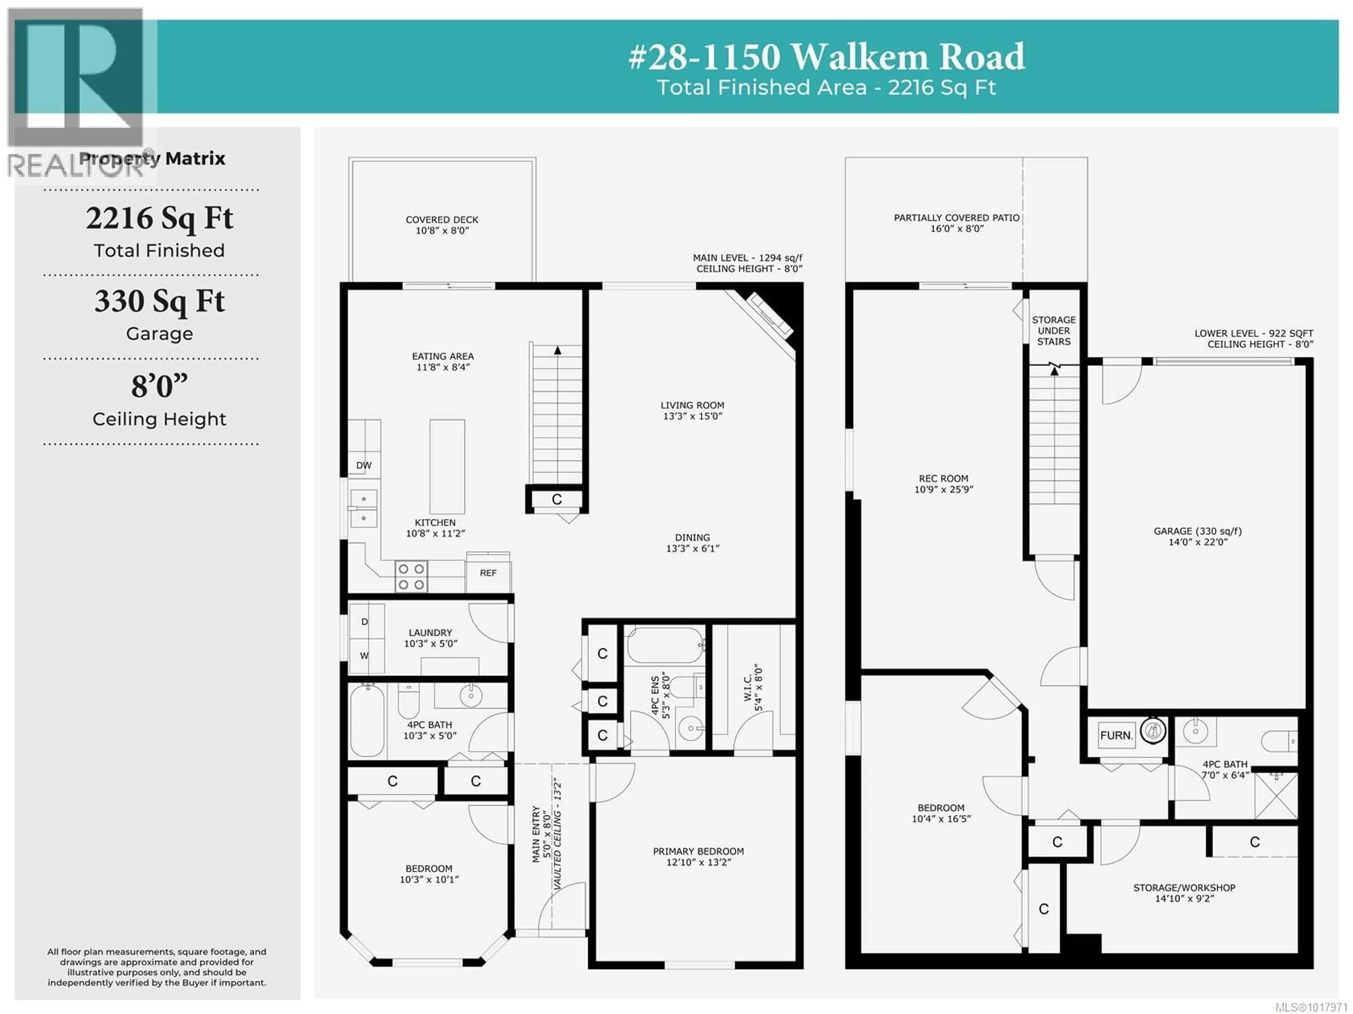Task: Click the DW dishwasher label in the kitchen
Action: tap(364, 465)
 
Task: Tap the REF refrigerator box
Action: tap(488, 573)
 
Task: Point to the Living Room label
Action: tap(692, 410)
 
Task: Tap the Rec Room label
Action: tap(944, 484)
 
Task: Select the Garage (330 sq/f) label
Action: tap(1198, 536)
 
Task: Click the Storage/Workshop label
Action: tap(1184, 893)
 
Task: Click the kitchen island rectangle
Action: tap(447, 466)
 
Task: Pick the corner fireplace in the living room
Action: tap(771, 321)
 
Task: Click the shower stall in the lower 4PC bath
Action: tap(1276, 795)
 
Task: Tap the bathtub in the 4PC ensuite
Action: tap(665, 645)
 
